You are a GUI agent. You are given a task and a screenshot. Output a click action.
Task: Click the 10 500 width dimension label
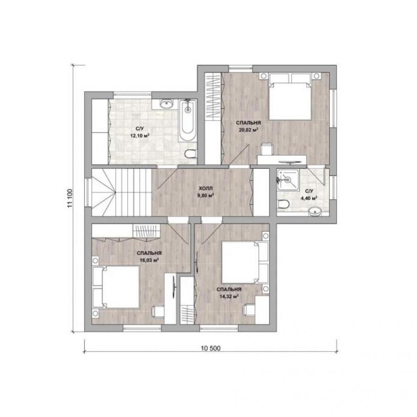[x=211, y=348]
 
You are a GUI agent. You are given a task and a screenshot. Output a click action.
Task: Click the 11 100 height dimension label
[x=70, y=198]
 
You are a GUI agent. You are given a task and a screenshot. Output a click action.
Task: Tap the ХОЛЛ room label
[x=206, y=189]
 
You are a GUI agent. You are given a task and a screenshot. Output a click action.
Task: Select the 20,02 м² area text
[x=248, y=130]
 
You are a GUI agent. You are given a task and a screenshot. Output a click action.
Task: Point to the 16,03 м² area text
[x=149, y=260]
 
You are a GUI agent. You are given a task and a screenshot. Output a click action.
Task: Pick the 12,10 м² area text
[x=139, y=135]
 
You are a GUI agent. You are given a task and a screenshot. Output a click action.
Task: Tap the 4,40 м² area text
[x=310, y=198]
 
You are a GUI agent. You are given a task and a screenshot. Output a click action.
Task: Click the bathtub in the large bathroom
[x=188, y=120]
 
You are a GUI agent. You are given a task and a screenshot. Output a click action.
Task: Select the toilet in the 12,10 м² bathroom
[x=190, y=154]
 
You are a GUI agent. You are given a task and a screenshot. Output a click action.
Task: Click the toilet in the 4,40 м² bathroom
[x=283, y=204]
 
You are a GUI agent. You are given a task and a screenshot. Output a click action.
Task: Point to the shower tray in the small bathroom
[x=287, y=180]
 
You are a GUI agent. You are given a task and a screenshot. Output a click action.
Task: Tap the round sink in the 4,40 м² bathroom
[x=315, y=212]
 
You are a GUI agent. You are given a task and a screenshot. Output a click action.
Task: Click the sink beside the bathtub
[x=167, y=104]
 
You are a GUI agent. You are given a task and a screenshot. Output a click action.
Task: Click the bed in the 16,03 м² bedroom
[x=116, y=287]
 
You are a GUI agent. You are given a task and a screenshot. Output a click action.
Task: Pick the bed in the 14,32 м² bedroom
[x=245, y=262]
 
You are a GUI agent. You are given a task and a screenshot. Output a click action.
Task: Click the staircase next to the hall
[x=121, y=192]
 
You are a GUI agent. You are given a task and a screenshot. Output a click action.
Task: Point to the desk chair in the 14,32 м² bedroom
[x=249, y=310]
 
